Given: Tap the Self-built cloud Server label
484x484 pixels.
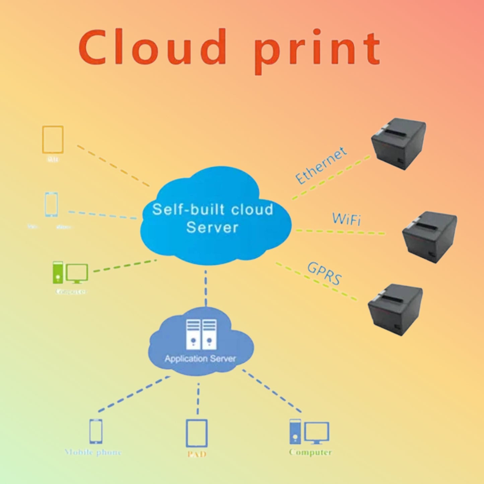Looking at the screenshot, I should coord(213,218).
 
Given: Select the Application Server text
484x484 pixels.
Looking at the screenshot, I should coord(200,359).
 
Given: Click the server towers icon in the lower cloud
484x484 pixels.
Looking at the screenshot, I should coord(201,334).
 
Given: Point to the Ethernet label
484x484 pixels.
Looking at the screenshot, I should coord(321,165).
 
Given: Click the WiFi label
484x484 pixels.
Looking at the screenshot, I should coord(347,219).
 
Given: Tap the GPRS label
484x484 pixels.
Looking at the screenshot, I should coord(325,273).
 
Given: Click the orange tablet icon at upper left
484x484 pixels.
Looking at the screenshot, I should coord(53,140).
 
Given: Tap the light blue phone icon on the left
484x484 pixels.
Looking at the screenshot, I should coord(51,204).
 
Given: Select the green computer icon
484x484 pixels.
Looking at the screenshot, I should coord(70,272).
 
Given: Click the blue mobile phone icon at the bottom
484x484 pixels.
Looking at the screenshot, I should coord(96,431).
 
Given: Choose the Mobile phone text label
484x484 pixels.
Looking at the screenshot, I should coord(93,453).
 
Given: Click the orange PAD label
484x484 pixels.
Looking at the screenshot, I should coord(197,455).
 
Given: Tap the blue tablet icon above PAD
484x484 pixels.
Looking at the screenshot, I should coord(197,433).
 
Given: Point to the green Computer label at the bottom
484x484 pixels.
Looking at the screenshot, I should coord(310,453).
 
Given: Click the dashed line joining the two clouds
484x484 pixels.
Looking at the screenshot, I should coord(206,288).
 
